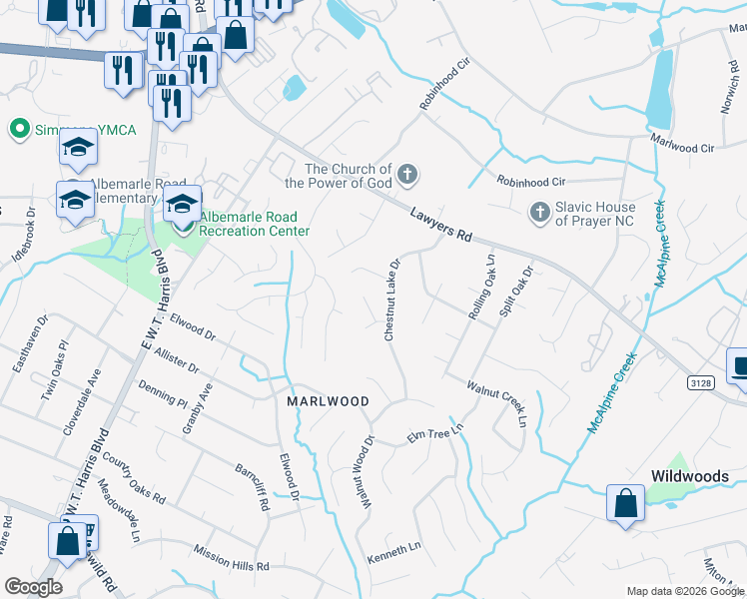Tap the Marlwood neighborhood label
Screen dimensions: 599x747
tap(329, 401)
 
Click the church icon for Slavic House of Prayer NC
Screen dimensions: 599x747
tap(539, 212)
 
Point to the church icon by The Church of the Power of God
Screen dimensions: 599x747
tap(406, 176)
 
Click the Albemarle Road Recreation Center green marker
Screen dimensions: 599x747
tap(183, 227)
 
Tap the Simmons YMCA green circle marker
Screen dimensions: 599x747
tap(17, 129)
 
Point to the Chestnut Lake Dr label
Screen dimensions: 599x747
tap(393, 299)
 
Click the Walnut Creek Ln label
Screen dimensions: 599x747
tap(496, 402)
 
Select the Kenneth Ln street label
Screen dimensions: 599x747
tap(394, 550)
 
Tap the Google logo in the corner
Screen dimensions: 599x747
tap(33, 587)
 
